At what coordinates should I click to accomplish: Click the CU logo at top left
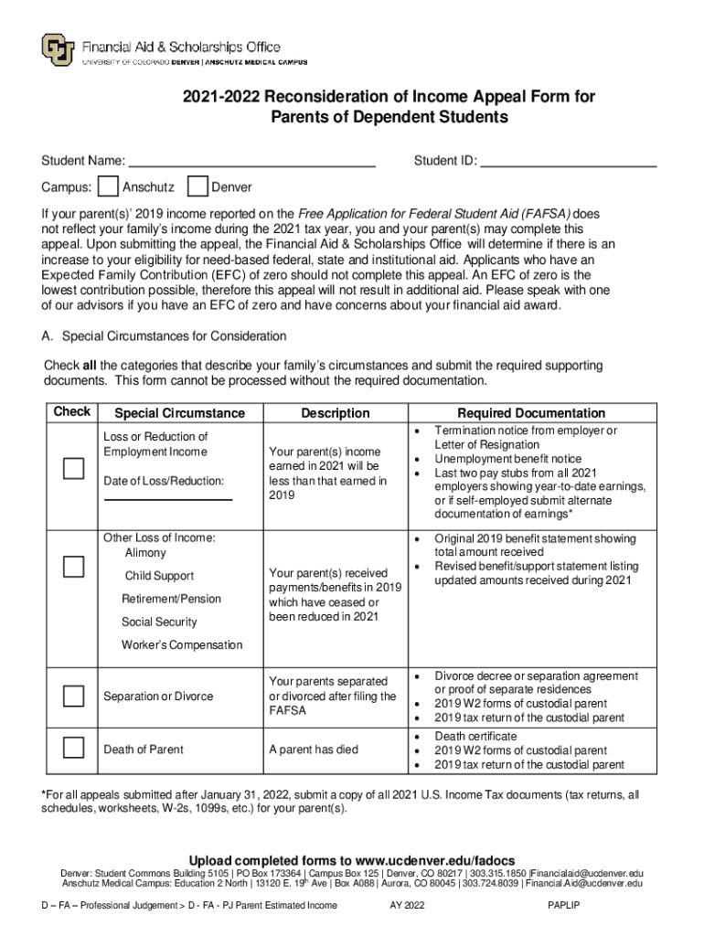click(x=58, y=49)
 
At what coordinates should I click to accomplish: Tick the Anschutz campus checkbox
click(x=108, y=187)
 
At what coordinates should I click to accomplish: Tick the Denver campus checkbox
click(x=197, y=187)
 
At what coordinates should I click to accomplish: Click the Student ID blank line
click(x=569, y=163)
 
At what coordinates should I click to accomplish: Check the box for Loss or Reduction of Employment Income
click(x=73, y=469)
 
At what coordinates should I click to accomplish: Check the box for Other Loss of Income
click(x=73, y=566)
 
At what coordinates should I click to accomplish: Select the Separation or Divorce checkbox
click(x=73, y=696)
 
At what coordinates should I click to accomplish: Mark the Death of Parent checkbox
click(x=73, y=749)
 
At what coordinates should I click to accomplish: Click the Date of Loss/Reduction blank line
click(x=168, y=498)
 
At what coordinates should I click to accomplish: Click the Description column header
click(x=336, y=413)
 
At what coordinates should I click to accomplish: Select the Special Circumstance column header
click(x=179, y=413)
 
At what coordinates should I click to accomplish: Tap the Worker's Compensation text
click(x=182, y=644)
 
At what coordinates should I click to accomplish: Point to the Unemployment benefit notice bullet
click(x=507, y=459)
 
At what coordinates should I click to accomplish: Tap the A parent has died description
click(x=314, y=750)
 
